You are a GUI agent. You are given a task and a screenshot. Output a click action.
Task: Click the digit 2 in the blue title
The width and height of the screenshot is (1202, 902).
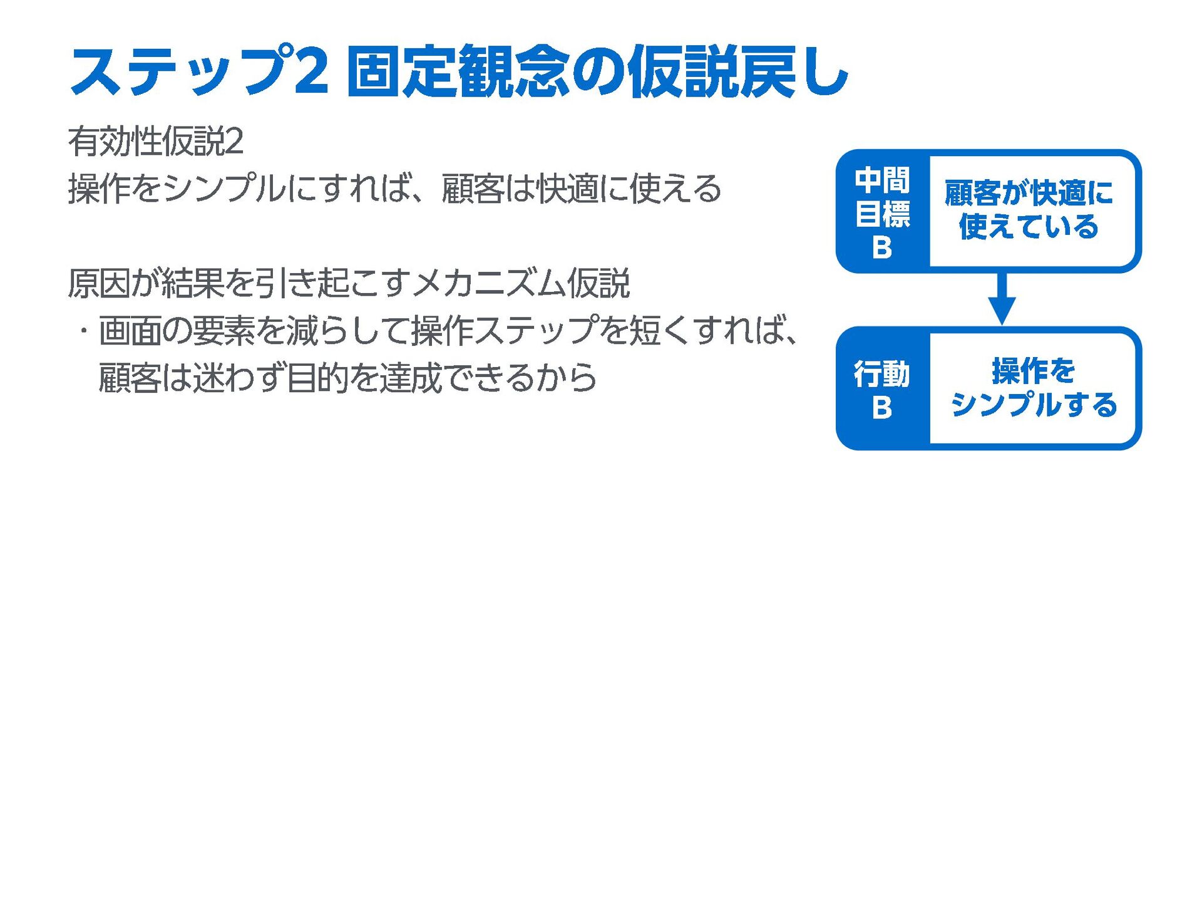coord(311,72)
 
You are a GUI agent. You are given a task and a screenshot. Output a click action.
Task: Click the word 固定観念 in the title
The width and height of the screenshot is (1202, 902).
coord(458,72)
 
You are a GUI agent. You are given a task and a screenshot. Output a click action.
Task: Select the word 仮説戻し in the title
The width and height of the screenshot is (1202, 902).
coord(737,72)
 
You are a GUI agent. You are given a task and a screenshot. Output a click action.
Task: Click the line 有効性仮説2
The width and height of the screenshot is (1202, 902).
coord(155,141)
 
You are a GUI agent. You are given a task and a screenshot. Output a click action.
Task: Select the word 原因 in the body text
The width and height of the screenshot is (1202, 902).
coord(99,283)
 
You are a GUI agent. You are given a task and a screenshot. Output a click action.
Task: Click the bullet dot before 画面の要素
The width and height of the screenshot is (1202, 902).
coord(82,331)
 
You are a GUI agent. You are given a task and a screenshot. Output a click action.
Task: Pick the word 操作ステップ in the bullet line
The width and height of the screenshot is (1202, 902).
coord(505,331)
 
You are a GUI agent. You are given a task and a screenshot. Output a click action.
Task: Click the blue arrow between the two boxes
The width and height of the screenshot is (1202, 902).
coord(1002,299)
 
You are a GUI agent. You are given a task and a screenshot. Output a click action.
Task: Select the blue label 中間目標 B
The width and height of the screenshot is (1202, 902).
coord(882,212)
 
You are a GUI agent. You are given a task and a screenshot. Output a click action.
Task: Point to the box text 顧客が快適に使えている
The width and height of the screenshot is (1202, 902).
coord(1029,210)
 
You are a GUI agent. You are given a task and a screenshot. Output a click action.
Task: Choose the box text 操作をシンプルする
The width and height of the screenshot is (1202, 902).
coord(1033,388)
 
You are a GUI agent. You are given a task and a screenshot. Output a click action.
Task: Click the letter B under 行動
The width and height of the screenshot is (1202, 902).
coord(882,408)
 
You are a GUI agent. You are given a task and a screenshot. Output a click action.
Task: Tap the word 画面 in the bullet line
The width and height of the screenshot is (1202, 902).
coord(130,331)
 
